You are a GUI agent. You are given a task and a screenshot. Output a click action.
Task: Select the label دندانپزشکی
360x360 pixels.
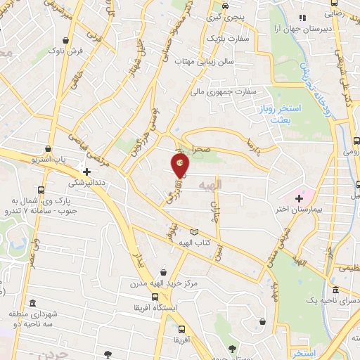click(x=85, y=181)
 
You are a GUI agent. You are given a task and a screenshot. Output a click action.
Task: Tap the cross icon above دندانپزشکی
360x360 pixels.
click(x=86, y=171)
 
